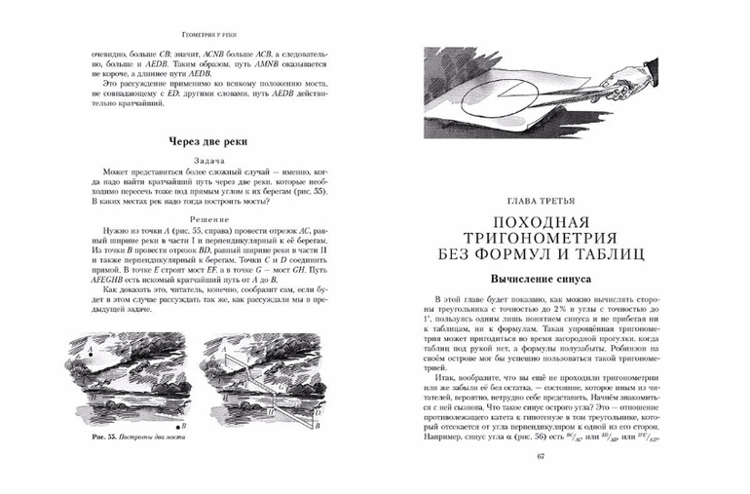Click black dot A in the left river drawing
tap(91, 356)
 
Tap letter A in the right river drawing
tap(223, 348)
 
